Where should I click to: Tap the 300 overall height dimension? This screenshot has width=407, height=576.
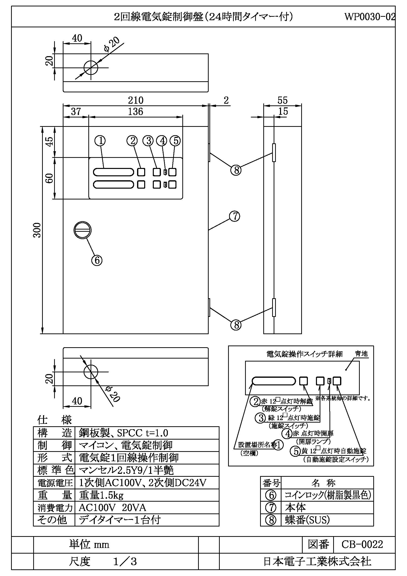pos(37,230)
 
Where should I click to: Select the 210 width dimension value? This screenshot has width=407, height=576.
pos(136,100)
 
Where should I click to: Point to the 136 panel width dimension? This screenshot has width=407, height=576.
pos(136,111)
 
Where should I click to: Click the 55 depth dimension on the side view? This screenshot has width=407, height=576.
pos(282,100)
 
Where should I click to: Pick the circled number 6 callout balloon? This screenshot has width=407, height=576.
pos(97,260)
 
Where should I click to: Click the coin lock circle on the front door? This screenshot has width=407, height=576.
pos(82,230)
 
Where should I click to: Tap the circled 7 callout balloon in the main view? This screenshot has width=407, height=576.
pos(235,216)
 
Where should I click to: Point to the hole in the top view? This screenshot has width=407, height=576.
pos(91,68)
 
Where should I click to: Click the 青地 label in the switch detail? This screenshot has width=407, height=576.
pos(361,354)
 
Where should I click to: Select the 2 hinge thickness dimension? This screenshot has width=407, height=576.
pos(226,100)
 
